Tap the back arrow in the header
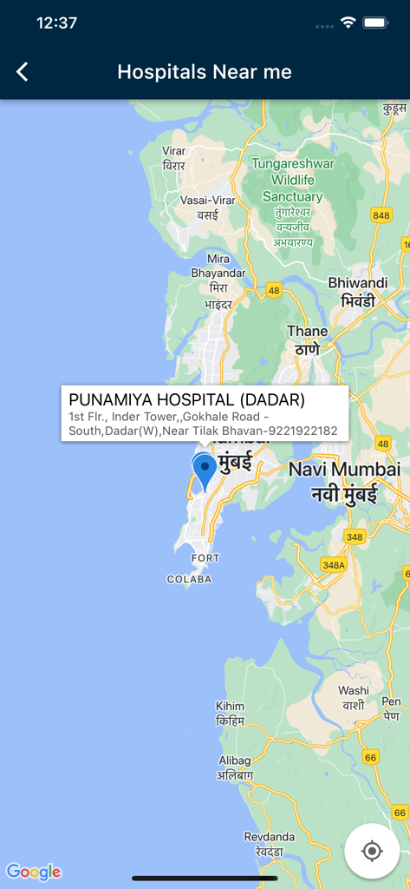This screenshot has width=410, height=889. pyautogui.click(x=23, y=72)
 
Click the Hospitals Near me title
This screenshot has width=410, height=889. pyautogui.click(x=205, y=72)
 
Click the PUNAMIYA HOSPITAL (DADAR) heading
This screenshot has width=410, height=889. pyautogui.click(x=186, y=400)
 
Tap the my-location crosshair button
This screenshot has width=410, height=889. pyautogui.click(x=372, y=851)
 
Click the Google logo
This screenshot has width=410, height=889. pyautogui.click(x=34, y=872)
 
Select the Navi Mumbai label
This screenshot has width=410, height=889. pyautogui.click(x=344, y=470)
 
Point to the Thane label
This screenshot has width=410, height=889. pyautogui.click(x=308, y=331)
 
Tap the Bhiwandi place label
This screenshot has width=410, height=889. pyautogui.click(x=357, y=283)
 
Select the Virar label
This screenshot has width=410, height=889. pyautogui.click(x=173, y=151)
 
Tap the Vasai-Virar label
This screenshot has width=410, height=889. pyautogui.click(x=207, y=201)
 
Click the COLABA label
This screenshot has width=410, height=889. pyautogui.click(x=189, y=579)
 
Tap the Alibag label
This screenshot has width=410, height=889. pyautogui.click(x=234, y=761)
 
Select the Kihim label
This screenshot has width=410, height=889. pyautogui.click(x=230, y=707)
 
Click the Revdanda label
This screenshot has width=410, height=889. pyautogui.click(x=270, y=837)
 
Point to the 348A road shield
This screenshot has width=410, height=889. pyautogui.click(x=333, y=564)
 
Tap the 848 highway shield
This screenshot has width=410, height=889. pyautogui.click(x=381, y=215)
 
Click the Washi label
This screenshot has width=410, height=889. pyautogui.click(x=354, y=691)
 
